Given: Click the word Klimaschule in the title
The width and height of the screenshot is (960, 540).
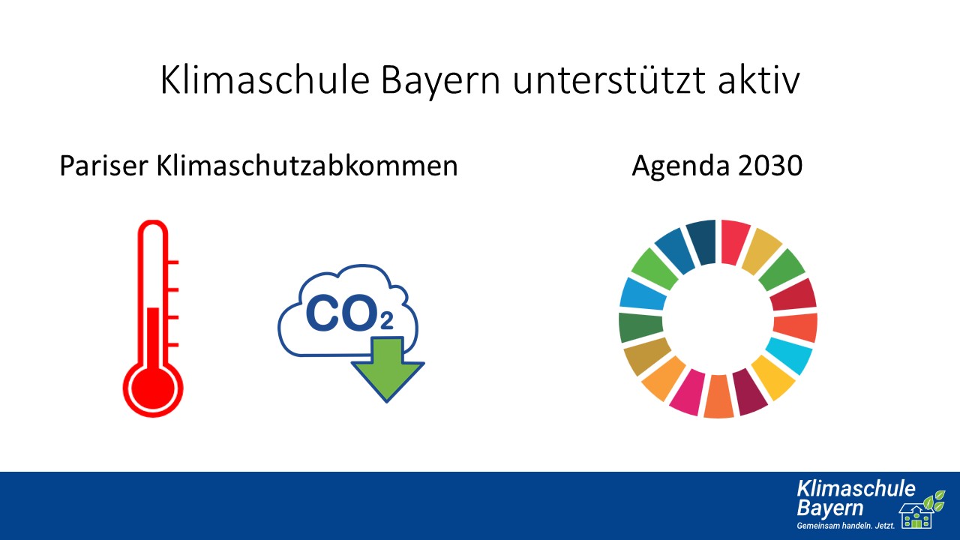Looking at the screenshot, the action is [265, 80].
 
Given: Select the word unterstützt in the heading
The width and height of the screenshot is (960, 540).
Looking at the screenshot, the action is [609, 80].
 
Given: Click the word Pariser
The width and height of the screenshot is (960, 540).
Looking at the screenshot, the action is [103, 166].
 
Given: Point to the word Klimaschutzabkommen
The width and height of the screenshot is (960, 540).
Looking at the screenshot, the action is [307, 166].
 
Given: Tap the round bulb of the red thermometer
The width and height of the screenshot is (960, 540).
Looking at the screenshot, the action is [153, 389].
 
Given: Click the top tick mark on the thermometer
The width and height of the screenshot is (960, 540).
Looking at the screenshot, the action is [172, 262].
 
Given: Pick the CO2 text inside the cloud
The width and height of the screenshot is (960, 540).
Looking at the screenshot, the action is [349, 313].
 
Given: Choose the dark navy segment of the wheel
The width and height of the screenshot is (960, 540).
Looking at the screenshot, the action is [702, 241].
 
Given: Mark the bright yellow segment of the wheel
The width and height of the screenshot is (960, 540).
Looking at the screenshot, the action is [772, 377].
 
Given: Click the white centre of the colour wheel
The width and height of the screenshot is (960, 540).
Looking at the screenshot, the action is [718, 319].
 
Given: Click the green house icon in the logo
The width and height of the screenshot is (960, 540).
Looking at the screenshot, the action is [916, 516].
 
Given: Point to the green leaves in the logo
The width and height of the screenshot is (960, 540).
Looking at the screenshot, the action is [934, 501].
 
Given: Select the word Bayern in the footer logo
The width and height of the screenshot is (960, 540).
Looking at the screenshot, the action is [830, 508].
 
